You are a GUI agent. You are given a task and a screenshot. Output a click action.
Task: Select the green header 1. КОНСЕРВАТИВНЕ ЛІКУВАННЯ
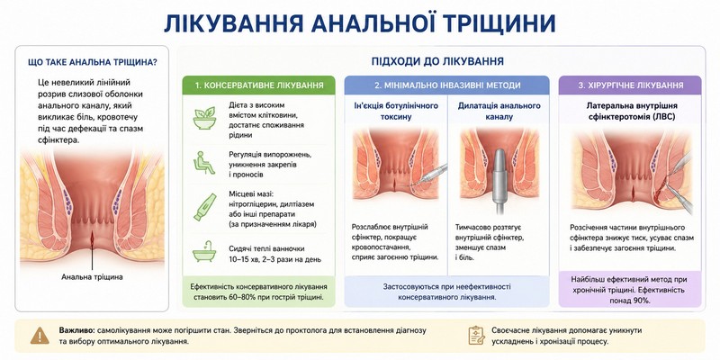point(258,85)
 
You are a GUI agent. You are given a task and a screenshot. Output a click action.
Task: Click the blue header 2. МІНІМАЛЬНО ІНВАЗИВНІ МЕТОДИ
point(446,85)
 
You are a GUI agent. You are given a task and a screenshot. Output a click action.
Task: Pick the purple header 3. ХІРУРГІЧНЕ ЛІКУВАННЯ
point(631,85)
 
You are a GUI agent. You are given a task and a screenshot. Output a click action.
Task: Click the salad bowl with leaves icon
point(204,118)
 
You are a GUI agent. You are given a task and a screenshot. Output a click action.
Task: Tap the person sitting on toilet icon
point(204,163)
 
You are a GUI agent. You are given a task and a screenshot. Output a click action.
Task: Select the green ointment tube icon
point(204,207)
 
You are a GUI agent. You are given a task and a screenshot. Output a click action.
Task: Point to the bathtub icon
point(204,251)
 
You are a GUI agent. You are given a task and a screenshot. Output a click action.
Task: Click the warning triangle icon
point(40,336)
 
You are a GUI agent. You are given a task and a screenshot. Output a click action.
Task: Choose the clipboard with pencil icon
point(477,335)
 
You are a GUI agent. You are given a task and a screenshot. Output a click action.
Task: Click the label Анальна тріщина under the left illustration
point(93,277)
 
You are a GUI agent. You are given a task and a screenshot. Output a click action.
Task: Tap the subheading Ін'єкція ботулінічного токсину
point(396,111)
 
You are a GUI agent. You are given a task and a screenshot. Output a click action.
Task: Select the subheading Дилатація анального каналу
point(499,111)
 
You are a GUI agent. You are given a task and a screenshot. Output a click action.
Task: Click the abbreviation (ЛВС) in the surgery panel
point(663,117)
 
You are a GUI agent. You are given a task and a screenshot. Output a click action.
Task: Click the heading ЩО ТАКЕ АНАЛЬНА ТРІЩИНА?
point(93,62)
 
